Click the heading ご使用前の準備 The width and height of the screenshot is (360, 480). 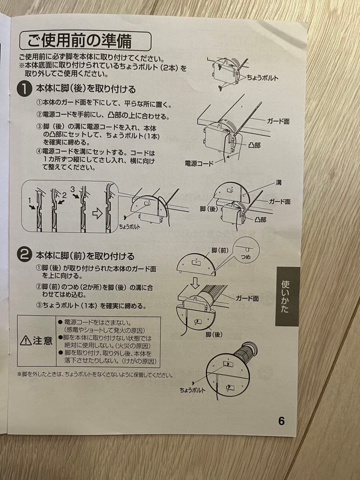coord(80,41)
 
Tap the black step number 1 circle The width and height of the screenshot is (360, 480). coord(25,89)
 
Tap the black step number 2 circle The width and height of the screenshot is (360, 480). coord(25,254)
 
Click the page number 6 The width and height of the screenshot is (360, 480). coord(281,421)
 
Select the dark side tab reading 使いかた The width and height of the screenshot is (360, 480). coord(287,296)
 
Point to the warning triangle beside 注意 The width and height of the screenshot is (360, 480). coord(25,340)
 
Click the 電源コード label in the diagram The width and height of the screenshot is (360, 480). coord(199,164)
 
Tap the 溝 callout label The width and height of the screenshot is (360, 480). coord(278,183)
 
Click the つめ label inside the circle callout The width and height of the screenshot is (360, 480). coord(245,256)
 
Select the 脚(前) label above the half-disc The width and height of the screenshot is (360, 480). coord(220,251)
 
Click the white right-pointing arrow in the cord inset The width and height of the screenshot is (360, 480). coord(97,213)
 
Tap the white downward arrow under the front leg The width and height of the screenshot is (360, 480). coord(195,283)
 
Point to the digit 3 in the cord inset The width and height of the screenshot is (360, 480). coord(72,189)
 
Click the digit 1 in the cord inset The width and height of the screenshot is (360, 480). coord(30,200)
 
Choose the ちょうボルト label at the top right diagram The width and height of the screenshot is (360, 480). coord(262,78)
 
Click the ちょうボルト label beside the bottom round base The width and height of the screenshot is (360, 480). coord(192,390)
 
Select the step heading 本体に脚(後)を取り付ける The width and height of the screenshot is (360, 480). coord(86,89)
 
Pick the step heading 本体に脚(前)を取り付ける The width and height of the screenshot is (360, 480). coord(85,256)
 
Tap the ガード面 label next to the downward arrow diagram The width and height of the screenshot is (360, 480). coord(247,298)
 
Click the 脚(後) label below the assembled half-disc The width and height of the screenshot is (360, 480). coord(214,334)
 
